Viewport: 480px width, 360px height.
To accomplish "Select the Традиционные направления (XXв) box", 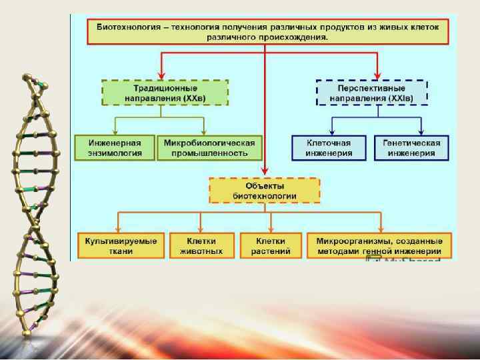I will point(165,92).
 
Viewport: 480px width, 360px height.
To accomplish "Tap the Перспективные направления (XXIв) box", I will point(371,92).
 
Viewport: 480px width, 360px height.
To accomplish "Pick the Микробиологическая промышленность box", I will point(210,148).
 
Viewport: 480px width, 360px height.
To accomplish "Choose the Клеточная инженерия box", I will point(329,148).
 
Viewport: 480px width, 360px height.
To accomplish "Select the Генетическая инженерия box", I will point(411,148).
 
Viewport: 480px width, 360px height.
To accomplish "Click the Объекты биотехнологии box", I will point(265,190).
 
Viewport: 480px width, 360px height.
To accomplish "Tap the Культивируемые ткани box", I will point(121,245).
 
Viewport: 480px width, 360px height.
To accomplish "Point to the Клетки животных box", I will point(202,245).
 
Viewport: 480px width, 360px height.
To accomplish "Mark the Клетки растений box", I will point(270,245).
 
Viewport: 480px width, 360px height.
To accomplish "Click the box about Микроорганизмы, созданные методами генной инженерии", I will point(379,245).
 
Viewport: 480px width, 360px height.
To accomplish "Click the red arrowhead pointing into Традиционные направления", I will point(161,75).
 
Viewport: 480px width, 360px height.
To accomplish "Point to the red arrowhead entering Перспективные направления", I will point(378,75).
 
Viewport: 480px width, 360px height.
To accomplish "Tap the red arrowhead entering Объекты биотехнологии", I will point(265,173).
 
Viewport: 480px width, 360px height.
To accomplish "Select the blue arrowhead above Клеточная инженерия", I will point(332,131).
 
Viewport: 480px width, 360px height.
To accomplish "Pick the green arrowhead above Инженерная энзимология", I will point(115,131).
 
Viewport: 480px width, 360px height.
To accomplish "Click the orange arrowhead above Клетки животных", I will point(201,228).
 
